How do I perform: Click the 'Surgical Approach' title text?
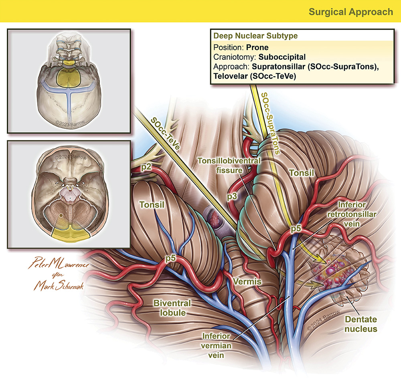350,12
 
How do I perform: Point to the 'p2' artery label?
146,166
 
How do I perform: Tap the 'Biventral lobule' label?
172,308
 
